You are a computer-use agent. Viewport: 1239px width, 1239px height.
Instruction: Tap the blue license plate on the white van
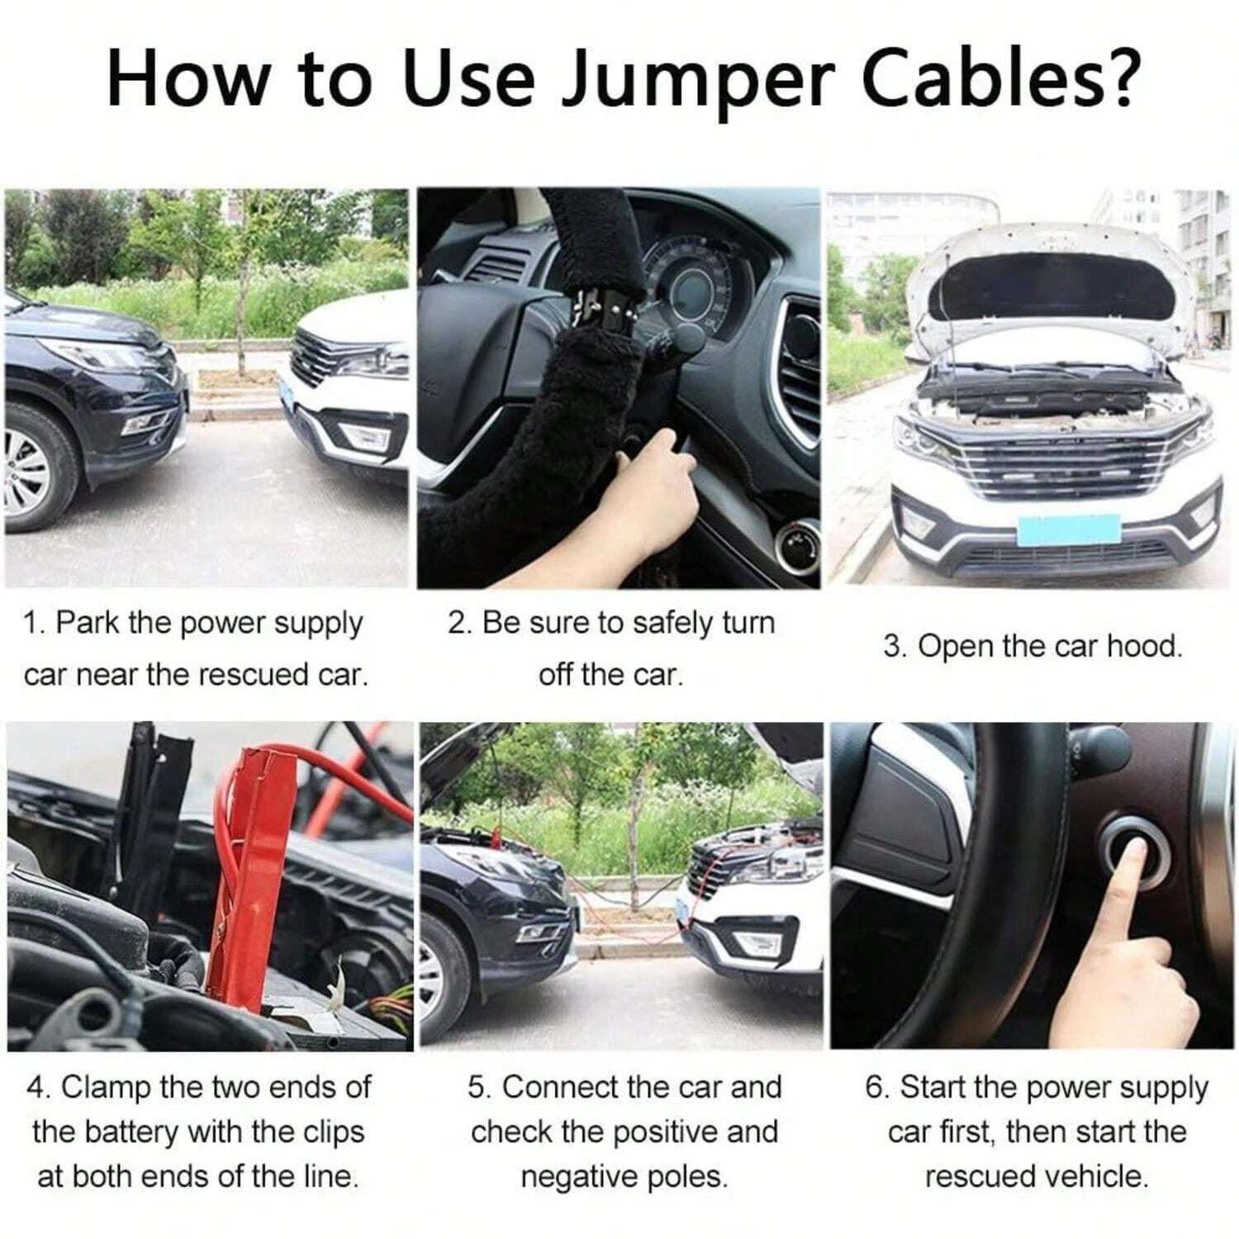tap(1068, 529)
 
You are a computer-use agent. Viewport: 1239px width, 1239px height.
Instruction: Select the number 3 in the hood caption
tap(891, 646)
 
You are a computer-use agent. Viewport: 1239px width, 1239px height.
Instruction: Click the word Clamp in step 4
tap(106, 1087)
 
